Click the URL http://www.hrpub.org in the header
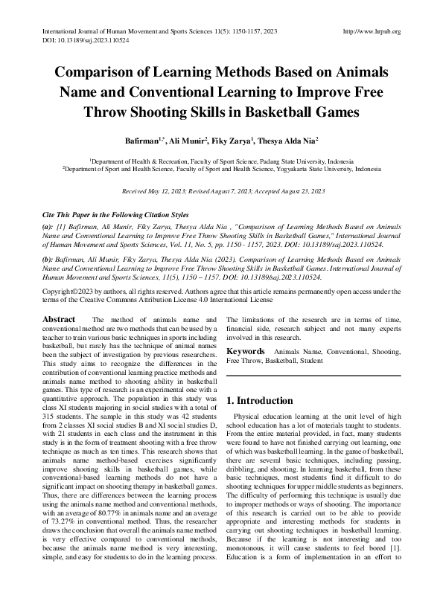coord(370,32)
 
